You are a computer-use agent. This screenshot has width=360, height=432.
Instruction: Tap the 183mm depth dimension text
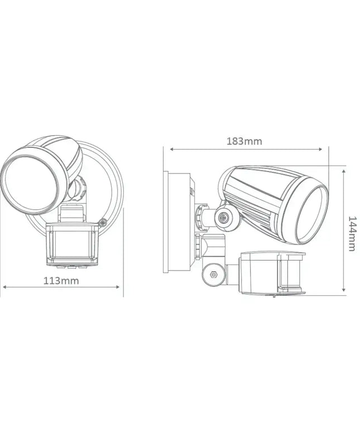point(244,141)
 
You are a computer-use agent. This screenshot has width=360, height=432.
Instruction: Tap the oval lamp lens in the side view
point(312,214)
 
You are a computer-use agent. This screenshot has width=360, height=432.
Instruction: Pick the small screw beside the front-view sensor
point(103,223)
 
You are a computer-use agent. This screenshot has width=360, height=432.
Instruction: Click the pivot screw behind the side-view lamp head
point(224,218)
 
